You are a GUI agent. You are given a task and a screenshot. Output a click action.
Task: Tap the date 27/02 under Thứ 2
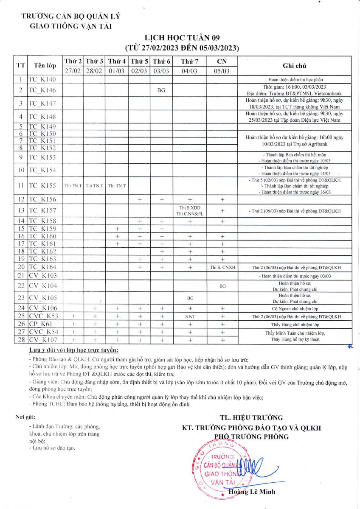(x=73, y=71)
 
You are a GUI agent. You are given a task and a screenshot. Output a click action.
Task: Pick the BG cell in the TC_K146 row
(x=161, y=90)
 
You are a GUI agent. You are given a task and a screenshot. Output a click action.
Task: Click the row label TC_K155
(x=42, y=185)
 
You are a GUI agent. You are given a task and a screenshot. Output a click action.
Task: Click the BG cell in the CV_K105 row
(x=190, y=298)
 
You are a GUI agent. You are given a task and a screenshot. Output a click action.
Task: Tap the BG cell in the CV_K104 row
(x=222, y=286)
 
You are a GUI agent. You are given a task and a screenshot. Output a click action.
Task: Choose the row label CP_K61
(x=39, y=324)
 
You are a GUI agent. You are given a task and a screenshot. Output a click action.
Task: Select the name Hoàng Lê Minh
(x=252, y=492)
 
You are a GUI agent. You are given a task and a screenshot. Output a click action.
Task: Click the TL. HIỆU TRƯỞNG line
(x=251, y=418)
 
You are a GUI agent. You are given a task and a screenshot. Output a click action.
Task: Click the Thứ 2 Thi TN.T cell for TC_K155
(x=73, y=185)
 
